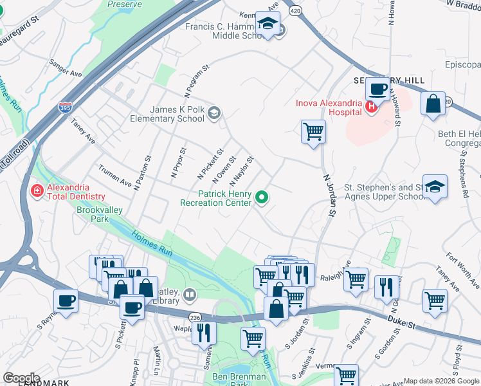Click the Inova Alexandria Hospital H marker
pyautogui.click(x=370, y=108)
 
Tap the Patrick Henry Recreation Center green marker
pyautogui.click(x=262, y=198)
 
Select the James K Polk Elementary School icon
pyautogui.click(x=214, y=115)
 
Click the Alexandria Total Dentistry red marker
pyautogui.click(x=36, y=191)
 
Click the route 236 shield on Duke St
pyautogui.click(x=194, y=318)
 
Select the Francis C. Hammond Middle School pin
pyautogui.click(x=266, y=24)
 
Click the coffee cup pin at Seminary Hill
pyautogui.click(x=377, y=89)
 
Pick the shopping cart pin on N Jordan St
pyautogui.click(x=313, y=132)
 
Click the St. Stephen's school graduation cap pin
pyautogui.click(x=435, y=187)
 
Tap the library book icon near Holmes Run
pyautogui.click(x=189, y=295)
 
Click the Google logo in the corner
pyautogui.click(x=21, y=378)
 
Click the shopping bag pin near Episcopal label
pyautogui.click(x=433, y=104)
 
